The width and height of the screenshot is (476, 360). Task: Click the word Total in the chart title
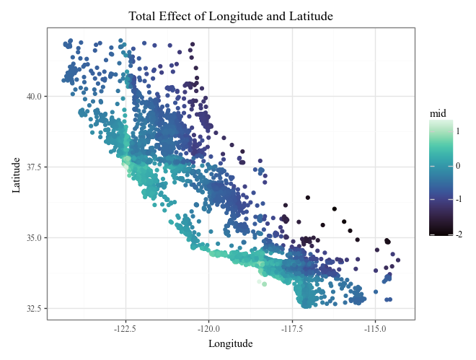pyautogui.click(x=144, y=16)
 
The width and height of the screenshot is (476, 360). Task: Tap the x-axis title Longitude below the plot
pyautogui.click(x=231, y=344)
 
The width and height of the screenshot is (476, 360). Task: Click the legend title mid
pyautogui.click(x=437, y=113)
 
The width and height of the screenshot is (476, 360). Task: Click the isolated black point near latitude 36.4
pyautogui.click(x=307, y=198)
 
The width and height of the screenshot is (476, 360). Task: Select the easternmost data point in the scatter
pyautogui.click(x=398, y=260)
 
